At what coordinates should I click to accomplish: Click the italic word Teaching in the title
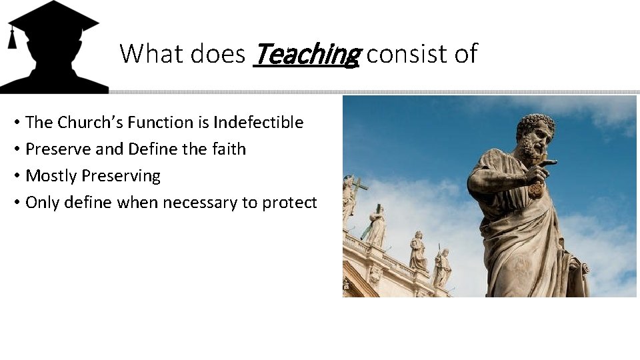(x=307, y=54)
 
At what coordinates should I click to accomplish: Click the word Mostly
(x=51, y=177)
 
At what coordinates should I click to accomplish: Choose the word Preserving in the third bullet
(x=121, y=177)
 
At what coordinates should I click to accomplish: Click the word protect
(x=289, y=203)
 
